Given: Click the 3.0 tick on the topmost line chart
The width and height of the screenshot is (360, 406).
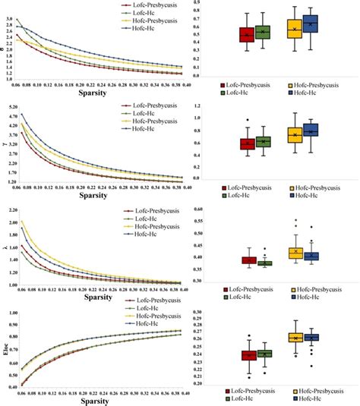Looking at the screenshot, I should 8,20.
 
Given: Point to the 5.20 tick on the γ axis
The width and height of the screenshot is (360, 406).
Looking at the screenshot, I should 10,108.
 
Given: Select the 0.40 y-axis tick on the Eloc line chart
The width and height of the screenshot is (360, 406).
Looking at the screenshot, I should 10,386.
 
